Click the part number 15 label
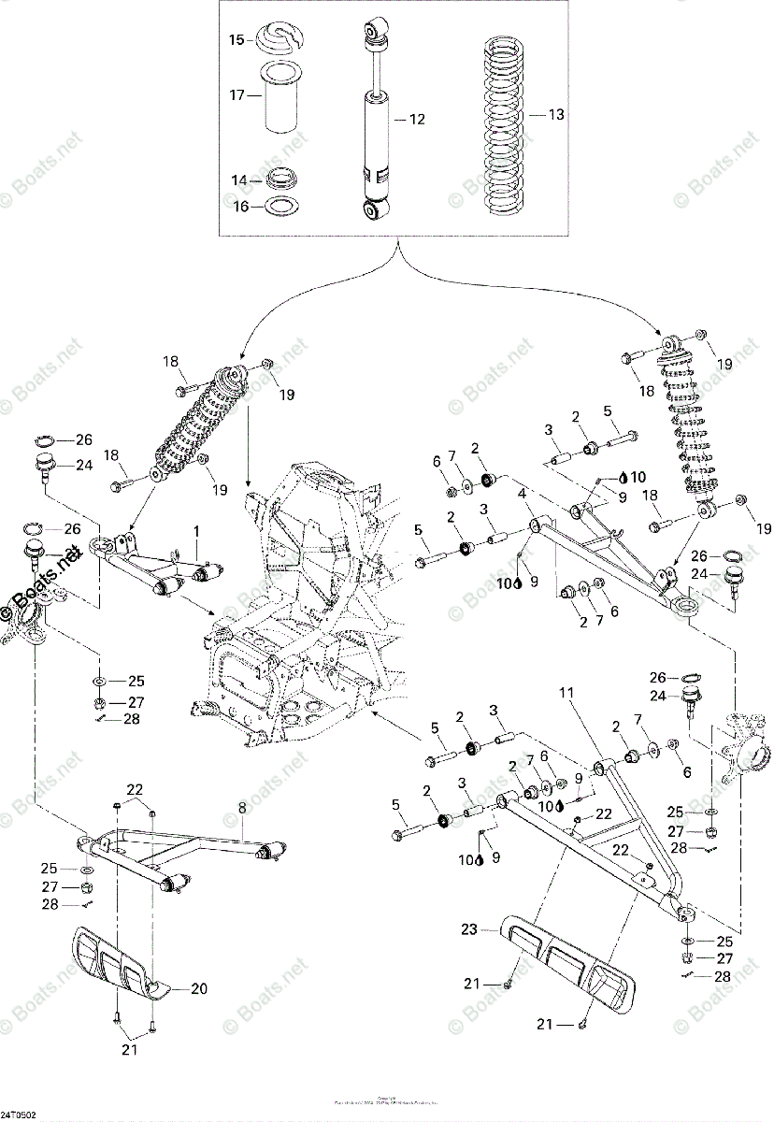point(236,39)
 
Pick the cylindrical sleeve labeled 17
point(280,98)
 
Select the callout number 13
point(556,115)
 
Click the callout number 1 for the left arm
point(197,531)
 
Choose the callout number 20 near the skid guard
point(199,988)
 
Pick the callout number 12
point(417,119)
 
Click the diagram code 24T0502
point(19,1115)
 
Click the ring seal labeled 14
point(280,178)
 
